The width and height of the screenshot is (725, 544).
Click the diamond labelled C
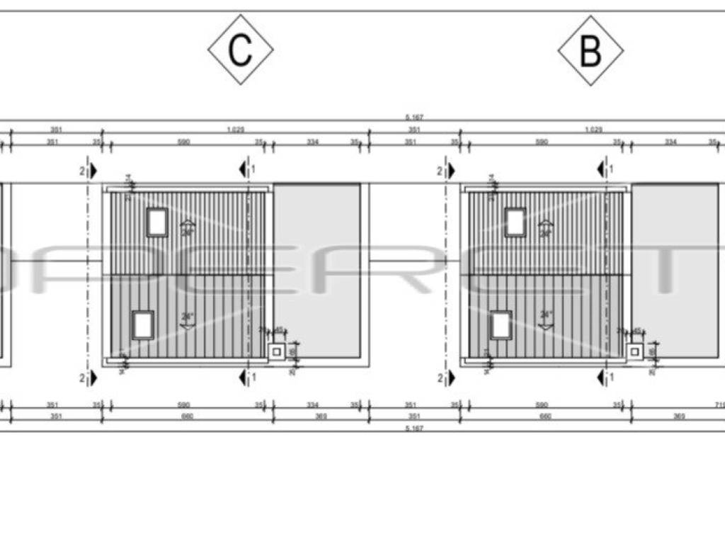tap(241, 50)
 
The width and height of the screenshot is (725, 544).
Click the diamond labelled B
tap(590, 51)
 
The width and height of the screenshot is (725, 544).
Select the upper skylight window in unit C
tap(156, 222)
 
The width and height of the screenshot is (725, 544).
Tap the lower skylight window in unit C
tap(143, 324)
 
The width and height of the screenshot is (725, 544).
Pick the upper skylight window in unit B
tap(515, 222)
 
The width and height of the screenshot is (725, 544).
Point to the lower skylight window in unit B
tap(501, 324)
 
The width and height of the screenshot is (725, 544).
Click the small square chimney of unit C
tap(278, 351)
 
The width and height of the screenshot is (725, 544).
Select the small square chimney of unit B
tap(636, 351)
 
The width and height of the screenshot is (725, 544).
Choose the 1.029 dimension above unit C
tap(236, 130)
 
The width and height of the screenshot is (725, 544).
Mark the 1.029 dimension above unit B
tap(593, 130)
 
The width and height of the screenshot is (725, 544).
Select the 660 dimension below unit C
tap(188, 416)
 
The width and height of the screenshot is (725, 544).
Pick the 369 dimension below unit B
tap(678, 416)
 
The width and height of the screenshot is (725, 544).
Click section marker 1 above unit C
tap(245, 169)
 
